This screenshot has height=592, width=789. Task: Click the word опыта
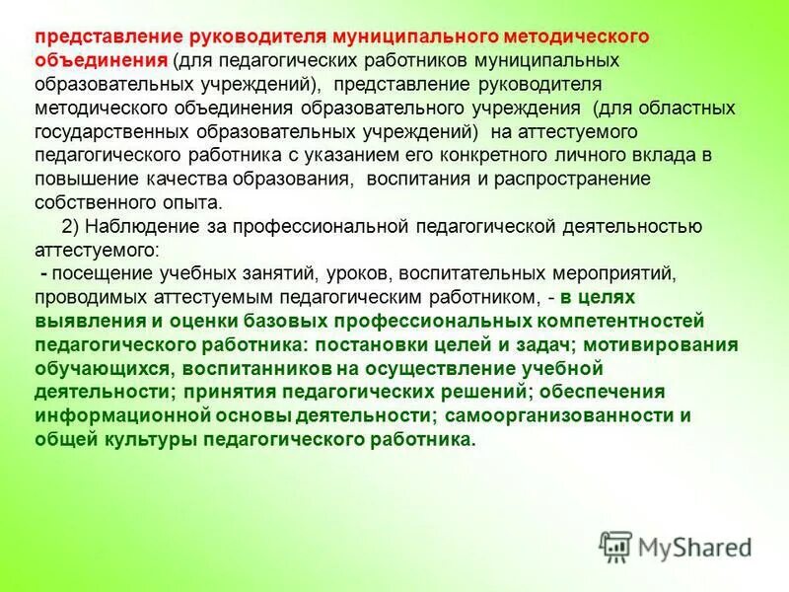point(196,202)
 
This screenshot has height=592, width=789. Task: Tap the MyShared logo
point(676,545)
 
